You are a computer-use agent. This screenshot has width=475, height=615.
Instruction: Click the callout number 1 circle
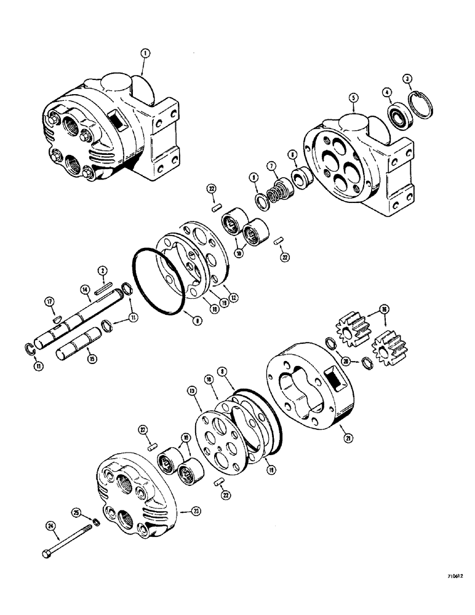pyautogui.click(x=144, y=54)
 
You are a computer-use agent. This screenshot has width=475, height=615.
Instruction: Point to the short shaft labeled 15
pyautogui.click(x=79, y=344)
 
